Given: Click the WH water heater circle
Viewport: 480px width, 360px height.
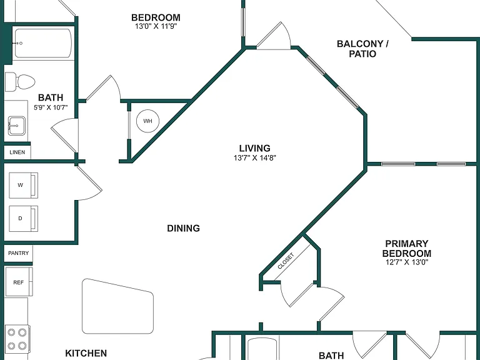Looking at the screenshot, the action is coord(148,121).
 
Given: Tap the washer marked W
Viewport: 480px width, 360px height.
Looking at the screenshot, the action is coord(24,185).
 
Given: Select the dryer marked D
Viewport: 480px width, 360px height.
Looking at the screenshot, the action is coord(24,219).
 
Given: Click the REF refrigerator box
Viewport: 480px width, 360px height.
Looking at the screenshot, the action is coord(19,282).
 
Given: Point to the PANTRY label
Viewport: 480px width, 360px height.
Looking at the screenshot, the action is coord(18,253).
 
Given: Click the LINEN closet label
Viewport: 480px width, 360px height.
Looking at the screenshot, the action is coord(17,152).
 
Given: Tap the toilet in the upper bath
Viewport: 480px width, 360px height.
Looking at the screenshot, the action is coord(20,82).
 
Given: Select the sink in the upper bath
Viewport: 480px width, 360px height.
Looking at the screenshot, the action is coord(16,126).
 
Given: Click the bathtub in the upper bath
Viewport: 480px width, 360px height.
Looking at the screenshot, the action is coord(43,43).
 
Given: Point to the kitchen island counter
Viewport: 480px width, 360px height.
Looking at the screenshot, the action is coord(118,306).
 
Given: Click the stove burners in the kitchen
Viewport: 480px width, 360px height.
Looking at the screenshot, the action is coord(17,339).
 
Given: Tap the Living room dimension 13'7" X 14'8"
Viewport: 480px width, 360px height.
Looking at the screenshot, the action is coord(255,158).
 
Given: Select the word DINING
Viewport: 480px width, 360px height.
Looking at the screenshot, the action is coord(183,228).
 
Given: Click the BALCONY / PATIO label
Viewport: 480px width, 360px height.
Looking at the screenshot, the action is coord(362,49).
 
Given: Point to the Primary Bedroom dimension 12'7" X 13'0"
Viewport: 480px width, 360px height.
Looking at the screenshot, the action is coord(407,262).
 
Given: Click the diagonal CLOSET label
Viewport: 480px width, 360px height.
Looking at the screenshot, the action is coord(286,261).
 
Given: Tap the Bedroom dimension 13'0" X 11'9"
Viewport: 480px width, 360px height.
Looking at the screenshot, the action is coord(156,26).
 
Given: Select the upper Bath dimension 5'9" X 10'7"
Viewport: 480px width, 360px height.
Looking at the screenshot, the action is coord(51,107).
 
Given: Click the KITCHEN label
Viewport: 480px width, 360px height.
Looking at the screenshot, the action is coord(86,353).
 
